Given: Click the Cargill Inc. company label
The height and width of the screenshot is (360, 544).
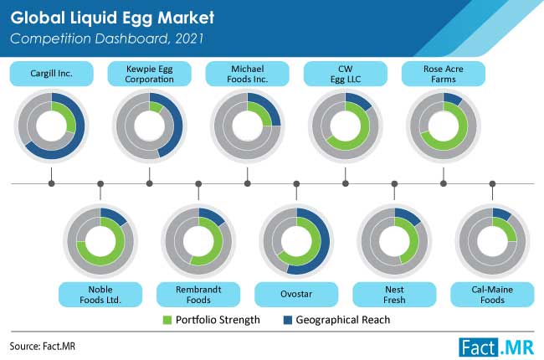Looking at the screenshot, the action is click(x=51, y=74).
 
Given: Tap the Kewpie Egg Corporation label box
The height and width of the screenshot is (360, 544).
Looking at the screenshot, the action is click(x=149, y=74).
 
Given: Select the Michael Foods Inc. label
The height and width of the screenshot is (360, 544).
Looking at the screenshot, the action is click(x=248, y=74).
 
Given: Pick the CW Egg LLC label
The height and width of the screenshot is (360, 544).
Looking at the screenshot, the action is click(x=345, y=74).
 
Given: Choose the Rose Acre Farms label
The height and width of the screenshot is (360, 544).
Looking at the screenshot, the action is click(x=444, y=74).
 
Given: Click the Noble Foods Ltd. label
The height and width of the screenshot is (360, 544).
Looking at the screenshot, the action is click(x=100, y=295).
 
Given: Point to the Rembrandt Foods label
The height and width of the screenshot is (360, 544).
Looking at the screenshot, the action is click(x=198, y=295).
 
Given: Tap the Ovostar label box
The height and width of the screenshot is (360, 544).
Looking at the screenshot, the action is click(x=296, y=295).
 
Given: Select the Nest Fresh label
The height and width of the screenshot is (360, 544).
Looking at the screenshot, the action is click(x=394, y=295).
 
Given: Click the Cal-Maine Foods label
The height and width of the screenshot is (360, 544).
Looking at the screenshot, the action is click(x=492, y=295).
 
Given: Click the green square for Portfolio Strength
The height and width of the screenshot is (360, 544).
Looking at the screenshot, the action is click(x=167, y=320).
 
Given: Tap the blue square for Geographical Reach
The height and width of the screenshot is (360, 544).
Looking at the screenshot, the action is click(x=288, y=320).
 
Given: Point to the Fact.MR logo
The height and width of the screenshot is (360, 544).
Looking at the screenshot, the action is click(x=496, y=347).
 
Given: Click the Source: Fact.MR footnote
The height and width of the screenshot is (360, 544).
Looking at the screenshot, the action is click(x=43, y=346).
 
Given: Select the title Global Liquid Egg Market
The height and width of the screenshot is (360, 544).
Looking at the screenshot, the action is click(x=112, y=18).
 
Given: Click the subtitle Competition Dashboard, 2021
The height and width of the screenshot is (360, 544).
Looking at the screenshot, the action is click(x=107, y=39).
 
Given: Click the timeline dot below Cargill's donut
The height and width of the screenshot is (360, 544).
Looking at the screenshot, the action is click(x=51, y=183).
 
